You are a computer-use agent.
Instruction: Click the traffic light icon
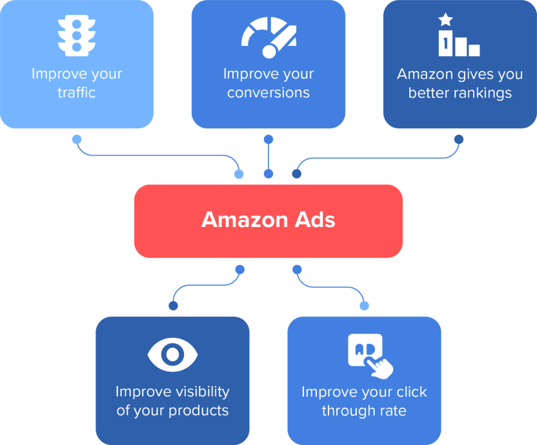tap(77, 34)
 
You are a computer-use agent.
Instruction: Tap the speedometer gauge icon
tap(268, 34)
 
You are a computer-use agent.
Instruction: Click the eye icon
tap(172, 353)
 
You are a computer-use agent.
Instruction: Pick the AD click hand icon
tap(369, 355)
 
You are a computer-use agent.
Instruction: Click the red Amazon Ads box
tap(268, 221)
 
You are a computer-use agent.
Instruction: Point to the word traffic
tap(77, 93)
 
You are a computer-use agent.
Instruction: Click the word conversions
tap(268, 93)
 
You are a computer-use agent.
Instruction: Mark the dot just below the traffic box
tap(77, 139)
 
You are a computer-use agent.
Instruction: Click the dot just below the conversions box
tap(268, 139)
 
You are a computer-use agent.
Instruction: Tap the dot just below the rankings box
tap(459, 139)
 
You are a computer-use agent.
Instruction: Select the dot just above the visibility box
tap(172, 306)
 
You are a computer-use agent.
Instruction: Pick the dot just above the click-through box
tap(364, 306)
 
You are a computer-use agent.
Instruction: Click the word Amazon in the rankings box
tap(425, 74)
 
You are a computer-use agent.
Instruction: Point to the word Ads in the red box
tap(312, 220)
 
